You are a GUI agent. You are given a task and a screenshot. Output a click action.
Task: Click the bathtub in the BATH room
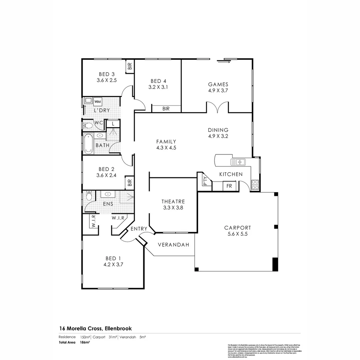(88, 144)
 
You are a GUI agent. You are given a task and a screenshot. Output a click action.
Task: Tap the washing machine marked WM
(98, 101)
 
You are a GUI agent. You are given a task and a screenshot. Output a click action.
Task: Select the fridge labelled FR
(229, 186)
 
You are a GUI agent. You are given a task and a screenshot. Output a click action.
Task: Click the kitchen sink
(238, 162)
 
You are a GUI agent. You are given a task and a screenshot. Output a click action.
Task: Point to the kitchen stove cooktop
(255, 185)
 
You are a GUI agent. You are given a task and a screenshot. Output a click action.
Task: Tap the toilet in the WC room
(88, 126)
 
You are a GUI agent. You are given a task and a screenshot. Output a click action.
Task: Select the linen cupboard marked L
(113, 124)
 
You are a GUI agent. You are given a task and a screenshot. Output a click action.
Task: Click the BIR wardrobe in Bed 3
(130, 66)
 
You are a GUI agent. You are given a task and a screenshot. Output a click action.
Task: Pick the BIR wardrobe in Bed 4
(166, 108)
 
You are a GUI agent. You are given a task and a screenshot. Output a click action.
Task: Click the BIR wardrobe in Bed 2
(130, 183)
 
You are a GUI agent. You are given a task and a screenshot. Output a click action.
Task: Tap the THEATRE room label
(173, 201)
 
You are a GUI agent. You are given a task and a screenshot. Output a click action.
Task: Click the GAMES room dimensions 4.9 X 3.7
(218, 90)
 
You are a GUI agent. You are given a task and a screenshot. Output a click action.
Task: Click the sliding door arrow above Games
(223, 61)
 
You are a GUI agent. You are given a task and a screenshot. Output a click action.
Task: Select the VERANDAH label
(173, 245)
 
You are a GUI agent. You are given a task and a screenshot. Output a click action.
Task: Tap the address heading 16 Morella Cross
(95, 329)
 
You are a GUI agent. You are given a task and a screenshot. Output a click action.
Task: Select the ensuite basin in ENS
(108, 194)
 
